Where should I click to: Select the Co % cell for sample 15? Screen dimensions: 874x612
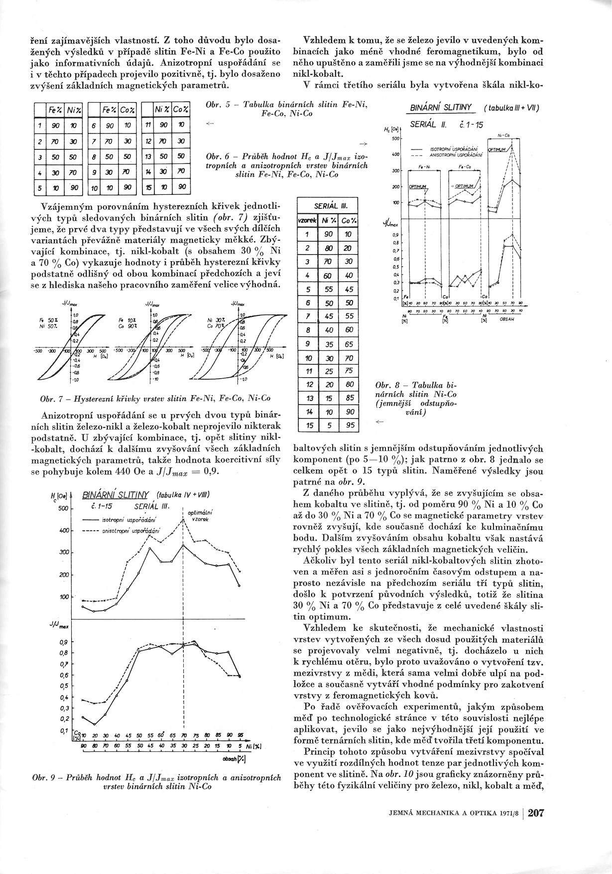tap(351, 425)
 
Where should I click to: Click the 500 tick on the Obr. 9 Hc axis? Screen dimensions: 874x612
tap(62, 508)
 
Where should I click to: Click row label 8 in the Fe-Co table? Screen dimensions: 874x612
tap(93, 156)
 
